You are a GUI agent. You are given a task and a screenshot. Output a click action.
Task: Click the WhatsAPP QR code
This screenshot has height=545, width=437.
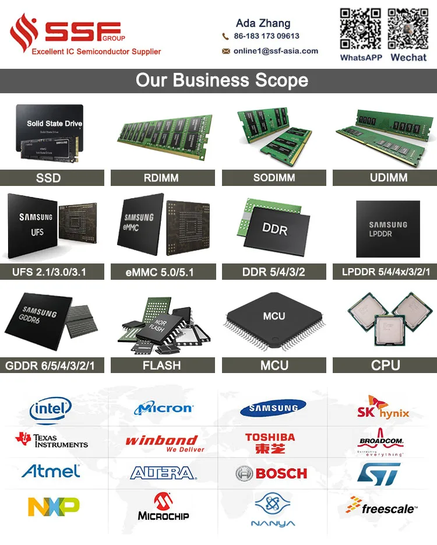361,29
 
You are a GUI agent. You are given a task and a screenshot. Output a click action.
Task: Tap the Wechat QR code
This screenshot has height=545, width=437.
408,29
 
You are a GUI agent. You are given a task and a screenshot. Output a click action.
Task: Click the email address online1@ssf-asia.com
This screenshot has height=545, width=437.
276,51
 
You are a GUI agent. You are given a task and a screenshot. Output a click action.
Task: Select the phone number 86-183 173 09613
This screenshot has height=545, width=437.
266,36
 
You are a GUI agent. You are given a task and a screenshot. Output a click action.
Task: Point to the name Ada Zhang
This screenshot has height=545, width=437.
263,23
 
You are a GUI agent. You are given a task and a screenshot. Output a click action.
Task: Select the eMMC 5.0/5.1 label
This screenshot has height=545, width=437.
163,272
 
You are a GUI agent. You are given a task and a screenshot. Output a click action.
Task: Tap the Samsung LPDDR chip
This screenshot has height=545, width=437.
388,228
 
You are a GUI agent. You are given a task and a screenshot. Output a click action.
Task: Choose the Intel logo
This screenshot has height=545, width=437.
51,409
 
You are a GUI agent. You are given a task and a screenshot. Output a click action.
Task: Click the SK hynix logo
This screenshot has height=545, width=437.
383,408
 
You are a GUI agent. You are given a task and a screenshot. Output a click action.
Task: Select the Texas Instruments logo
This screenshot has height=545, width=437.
51,440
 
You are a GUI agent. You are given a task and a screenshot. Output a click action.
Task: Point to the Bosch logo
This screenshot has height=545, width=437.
272,473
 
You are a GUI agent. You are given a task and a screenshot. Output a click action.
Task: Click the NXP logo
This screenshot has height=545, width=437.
54,506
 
